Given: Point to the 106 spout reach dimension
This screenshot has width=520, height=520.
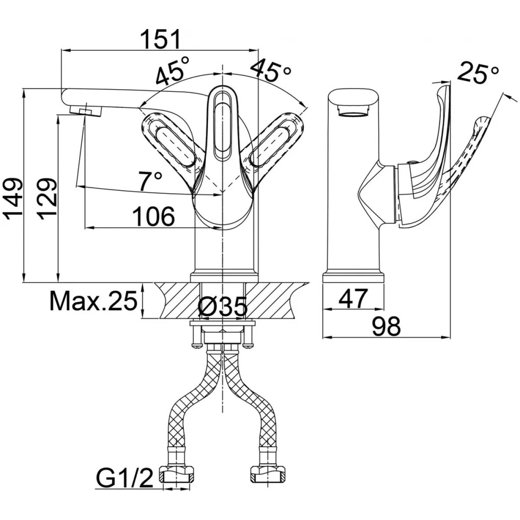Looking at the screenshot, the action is click(154, 216).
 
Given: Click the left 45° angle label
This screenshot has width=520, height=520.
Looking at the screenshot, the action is click(173, 71).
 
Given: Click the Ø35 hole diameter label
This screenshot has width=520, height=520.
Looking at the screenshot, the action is click(223, 307).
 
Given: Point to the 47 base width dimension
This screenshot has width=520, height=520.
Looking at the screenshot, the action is click(354, 299).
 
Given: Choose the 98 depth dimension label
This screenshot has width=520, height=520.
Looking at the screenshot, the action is click(386, 327).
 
